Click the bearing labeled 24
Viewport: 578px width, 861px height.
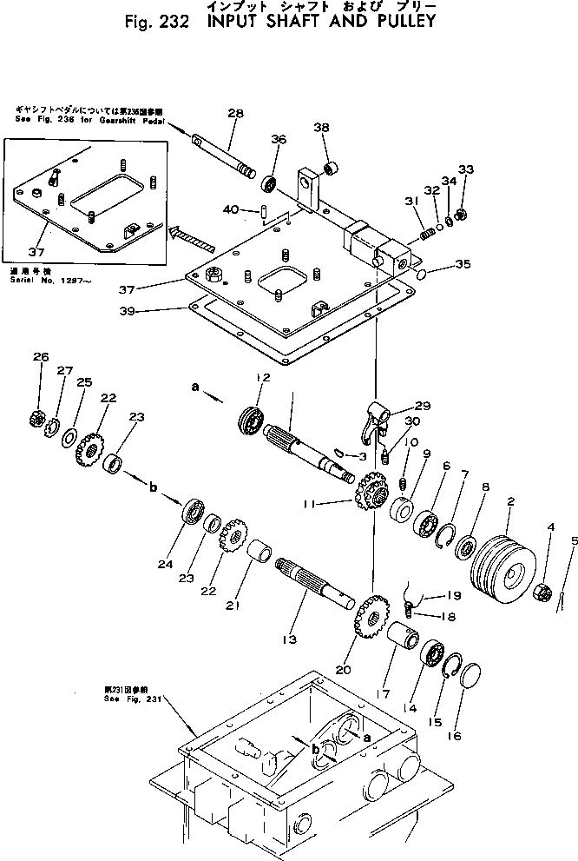(191, 511)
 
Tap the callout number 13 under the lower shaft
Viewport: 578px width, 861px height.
(287, 639)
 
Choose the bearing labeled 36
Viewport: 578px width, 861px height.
(270, 184)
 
